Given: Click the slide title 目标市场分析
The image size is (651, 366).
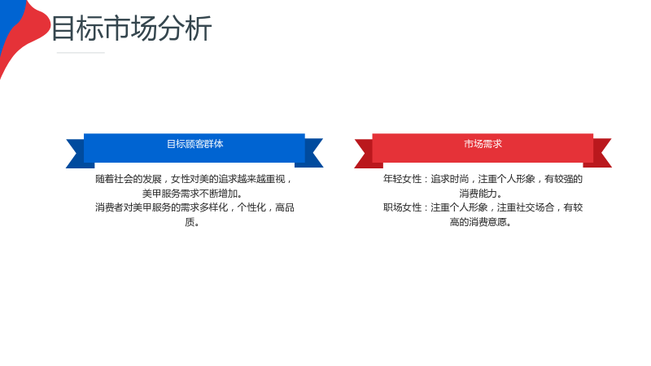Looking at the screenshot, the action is [x=132, y=28].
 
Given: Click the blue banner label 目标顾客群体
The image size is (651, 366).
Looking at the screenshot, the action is [x=194, y=144].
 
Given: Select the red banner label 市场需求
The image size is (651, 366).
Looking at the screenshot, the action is [x=483, y=144].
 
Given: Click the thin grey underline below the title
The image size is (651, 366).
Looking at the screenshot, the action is [x=81, y=53].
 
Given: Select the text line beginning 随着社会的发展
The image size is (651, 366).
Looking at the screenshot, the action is [x=194, y=179].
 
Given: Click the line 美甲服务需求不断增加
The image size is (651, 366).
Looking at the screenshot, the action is [x=193, y=194].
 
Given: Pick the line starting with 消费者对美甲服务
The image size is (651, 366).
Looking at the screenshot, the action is [x=194, y=207].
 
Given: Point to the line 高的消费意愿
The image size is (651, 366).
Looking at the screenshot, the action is [x=481, y=222].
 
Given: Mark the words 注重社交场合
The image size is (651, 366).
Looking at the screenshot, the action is [x=526, y=207].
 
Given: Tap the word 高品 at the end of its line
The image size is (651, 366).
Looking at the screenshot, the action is [x=285, y=207].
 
